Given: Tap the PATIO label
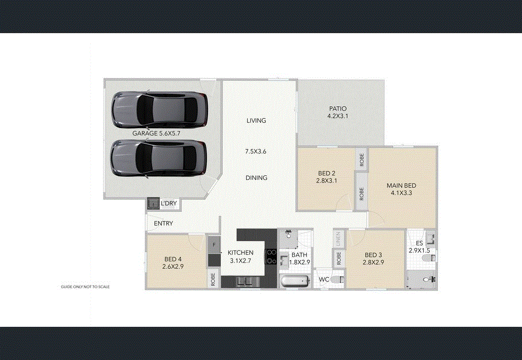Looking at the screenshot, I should (337, 109).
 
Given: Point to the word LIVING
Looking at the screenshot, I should (256, 121).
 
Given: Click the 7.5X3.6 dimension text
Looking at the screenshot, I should (256, 151).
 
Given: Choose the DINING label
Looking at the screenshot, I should (256, 178).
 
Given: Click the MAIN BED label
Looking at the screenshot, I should (401, 186).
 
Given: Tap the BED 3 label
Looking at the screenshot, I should (374, 255).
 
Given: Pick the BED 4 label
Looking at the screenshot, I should (172, 259).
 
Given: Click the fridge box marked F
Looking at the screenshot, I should (214, 245).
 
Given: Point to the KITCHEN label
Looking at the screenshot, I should (241, 253).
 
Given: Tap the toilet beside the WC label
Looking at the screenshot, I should (336, 280).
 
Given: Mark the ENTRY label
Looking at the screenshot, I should (163, 223).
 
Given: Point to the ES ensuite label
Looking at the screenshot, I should (420, 243).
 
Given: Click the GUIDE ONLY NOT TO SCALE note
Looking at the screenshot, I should (85, 287).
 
